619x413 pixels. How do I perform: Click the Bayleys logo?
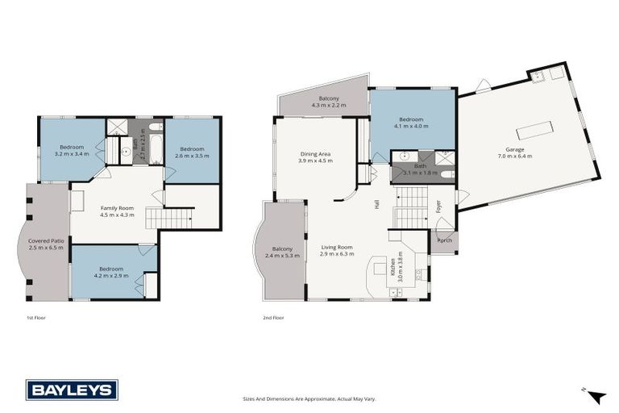coord(72,390)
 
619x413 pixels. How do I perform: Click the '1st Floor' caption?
coord(35,318)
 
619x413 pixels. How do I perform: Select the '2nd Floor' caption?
coord(273,318)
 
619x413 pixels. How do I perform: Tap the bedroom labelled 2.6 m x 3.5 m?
coord(193,152)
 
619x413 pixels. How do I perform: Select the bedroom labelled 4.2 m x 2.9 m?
coord(110,272)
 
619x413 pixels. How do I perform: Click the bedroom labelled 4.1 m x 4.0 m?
coord(412,122)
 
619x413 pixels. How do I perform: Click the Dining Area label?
coord(316,156)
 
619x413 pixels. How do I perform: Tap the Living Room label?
coord(338,251)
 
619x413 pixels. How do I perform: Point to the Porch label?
coord(443,240)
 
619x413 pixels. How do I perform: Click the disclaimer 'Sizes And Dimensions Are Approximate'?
coord(309,398)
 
